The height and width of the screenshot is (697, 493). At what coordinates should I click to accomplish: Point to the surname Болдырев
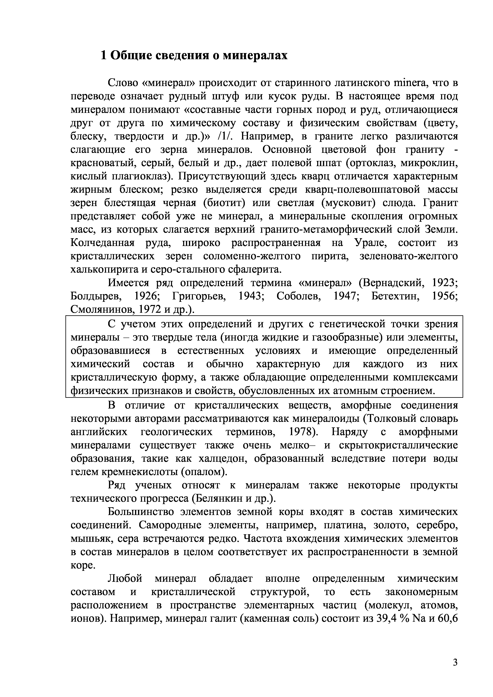pos(96,296)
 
